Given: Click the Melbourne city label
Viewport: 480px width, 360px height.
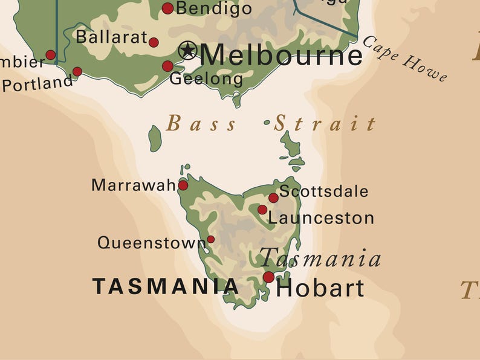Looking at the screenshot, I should click(x=281, y=56).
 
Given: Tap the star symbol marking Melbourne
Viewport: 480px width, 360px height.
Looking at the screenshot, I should click(x=188, y=50).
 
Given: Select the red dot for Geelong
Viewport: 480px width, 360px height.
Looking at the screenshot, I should click(x=167, y=66).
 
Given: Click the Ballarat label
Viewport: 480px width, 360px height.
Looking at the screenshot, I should click(x=111, y=37).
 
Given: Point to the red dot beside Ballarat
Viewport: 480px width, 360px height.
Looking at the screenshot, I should click(x=154, y=42).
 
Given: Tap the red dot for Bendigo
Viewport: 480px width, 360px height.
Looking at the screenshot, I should click(x=167, y=8).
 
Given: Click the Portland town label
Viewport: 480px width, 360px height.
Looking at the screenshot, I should click(x=37, y=83).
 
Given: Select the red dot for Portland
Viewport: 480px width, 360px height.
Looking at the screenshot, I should click(x=77, y=71).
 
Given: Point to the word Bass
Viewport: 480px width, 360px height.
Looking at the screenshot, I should click(x=201, y=124).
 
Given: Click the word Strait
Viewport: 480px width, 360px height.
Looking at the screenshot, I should click(x=325, y=124).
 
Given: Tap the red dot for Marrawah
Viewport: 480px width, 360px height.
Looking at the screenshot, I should click(x=183, y=185).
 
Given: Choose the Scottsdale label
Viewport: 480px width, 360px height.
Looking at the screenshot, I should click(x=324, y=191).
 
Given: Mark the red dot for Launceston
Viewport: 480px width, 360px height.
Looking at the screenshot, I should click(x=262, y=210).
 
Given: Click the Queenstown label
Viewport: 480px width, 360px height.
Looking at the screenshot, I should click(x=151, y=243).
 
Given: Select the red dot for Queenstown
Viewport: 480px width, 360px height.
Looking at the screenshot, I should click(x=210, y=239).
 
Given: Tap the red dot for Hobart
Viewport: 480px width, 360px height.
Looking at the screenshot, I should click(x=268, y=277).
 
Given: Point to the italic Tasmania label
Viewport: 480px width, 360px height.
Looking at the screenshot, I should click(x=320, y=259).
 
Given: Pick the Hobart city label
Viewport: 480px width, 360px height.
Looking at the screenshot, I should click(x=320, y=288).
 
